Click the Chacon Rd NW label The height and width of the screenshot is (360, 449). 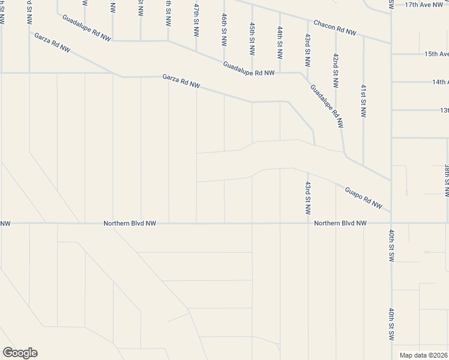tap(335, 28)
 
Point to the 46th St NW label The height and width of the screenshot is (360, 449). tap(224, 30)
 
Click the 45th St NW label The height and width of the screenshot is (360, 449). tap(252, 38)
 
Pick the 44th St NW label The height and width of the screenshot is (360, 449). tap(280, 42)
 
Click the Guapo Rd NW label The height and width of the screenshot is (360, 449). tap(363, 197)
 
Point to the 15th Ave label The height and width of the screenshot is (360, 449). tap(436, 53)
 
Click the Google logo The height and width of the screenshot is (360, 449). tap(19, 353)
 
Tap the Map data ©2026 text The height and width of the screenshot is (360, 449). tap(423, 355)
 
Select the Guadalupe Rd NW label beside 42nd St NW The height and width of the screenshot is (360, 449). tap(327, 106)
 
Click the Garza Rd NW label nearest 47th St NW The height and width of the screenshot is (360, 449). tap(181, 81)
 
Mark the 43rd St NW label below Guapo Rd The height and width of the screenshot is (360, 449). tap(307, 197)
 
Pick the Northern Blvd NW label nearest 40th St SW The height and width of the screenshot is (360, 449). tap(340, 223)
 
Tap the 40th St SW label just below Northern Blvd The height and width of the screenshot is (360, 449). tap(391, 245)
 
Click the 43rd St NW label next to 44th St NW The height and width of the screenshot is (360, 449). tap(307, 50)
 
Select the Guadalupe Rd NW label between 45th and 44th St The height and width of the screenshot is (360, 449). tap(249, 69)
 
